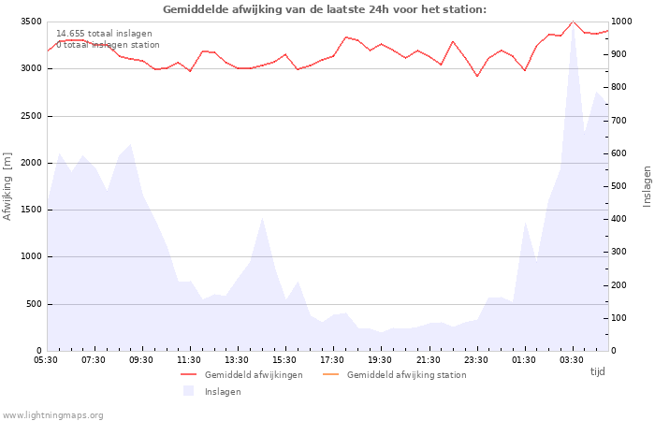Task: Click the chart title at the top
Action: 325,9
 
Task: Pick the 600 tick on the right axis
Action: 620,153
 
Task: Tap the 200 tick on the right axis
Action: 620,285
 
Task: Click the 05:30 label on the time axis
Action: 46,359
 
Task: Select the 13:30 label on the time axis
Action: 237,359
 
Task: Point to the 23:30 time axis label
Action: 476,359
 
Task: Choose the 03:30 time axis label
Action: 572,359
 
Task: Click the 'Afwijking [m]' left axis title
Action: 8,186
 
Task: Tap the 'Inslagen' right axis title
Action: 647,186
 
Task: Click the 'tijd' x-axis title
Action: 597,371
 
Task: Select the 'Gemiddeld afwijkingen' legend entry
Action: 254,375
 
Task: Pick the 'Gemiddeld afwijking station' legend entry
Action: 406,375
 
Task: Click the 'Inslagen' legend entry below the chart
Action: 223,392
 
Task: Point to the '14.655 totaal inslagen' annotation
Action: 104,34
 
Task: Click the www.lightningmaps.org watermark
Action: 52,414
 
